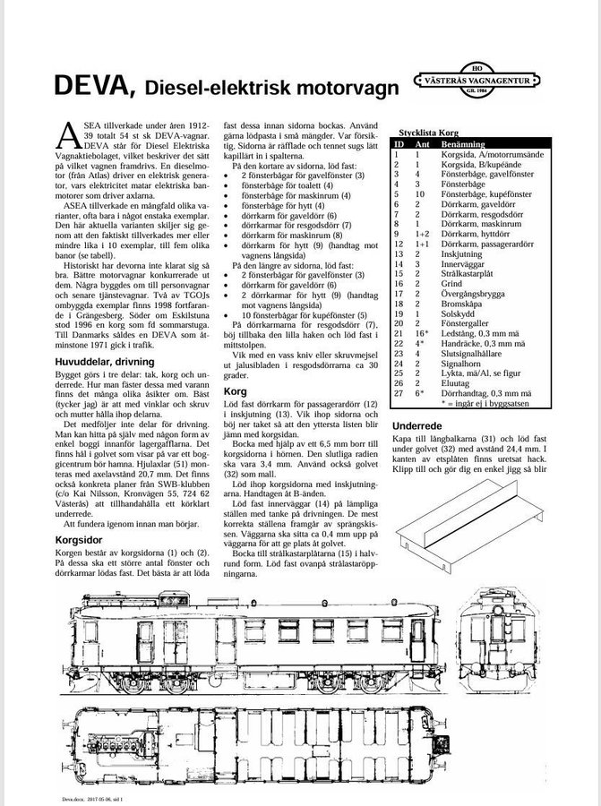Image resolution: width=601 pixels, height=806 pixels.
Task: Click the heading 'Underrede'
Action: click(x=419, y=425)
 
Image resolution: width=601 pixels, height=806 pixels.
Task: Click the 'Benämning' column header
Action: click(x=463, y=143)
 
